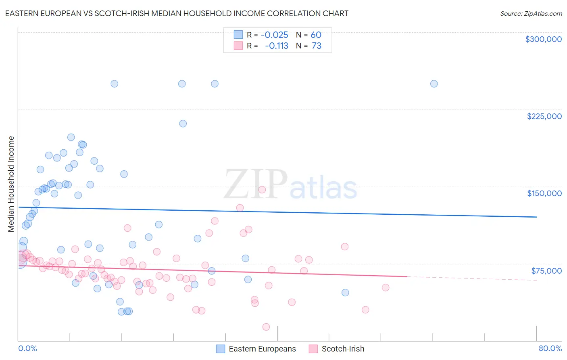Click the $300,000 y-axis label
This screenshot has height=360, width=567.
tap(543, 39)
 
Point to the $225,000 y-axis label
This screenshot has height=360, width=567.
tap(544, 116)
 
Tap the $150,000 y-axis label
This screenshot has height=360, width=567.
tap(544, 193)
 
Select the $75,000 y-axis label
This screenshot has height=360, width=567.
tap(546, 271)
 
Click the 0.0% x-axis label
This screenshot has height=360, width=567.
tap(27, 349)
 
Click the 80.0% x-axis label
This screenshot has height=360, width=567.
tap(550, 349)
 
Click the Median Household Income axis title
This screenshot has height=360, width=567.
tap(11, 184)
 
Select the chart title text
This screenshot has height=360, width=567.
tap(177, 13)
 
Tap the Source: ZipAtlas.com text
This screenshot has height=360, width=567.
tap(531, 14)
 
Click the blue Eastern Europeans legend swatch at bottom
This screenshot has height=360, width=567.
tap(220, 349)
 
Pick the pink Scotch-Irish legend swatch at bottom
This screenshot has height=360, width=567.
tap(313, 349)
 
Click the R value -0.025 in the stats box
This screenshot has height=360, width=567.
tap(274, 35)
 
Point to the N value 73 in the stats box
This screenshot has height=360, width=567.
tap(317, 46)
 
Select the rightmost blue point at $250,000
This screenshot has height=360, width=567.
tap(434, 84)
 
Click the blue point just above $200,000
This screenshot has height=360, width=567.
tap(183, 123)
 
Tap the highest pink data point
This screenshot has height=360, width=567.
tap(262, 190)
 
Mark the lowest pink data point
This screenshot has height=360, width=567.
tap(266, 327)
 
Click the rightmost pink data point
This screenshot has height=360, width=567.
tap(386, 287)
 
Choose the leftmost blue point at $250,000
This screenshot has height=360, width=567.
tap(115, 84)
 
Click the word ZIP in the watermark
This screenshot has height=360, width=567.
tap(256, 184)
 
